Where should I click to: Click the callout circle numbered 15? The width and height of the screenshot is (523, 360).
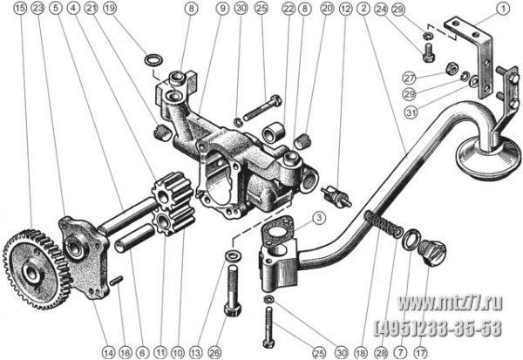(x=20, y=8)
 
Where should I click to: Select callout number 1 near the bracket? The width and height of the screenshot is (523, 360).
(x=503, y=9)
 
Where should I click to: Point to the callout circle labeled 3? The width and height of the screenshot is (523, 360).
(x=319, y=218)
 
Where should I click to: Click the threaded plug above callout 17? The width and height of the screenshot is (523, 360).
(x=431, y=252)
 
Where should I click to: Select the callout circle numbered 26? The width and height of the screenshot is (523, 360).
(x=214, y=352)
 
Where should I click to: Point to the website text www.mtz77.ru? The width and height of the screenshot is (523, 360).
(x=450, y=303)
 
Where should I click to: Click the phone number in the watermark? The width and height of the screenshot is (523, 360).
(x=438, y=328)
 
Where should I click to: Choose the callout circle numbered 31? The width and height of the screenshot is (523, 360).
(x=411, y=112)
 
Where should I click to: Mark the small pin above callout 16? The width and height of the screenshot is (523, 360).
(x=117, y=281)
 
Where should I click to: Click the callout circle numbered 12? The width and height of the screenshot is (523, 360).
(x=345, y=8)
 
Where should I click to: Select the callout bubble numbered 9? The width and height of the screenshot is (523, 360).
(x=222, y=9)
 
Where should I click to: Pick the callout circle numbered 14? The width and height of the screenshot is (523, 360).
(x=108, y=352)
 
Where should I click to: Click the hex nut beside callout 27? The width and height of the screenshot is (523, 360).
(x=452, y=68)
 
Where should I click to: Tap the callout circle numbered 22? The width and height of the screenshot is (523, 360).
(x=289, y=9)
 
